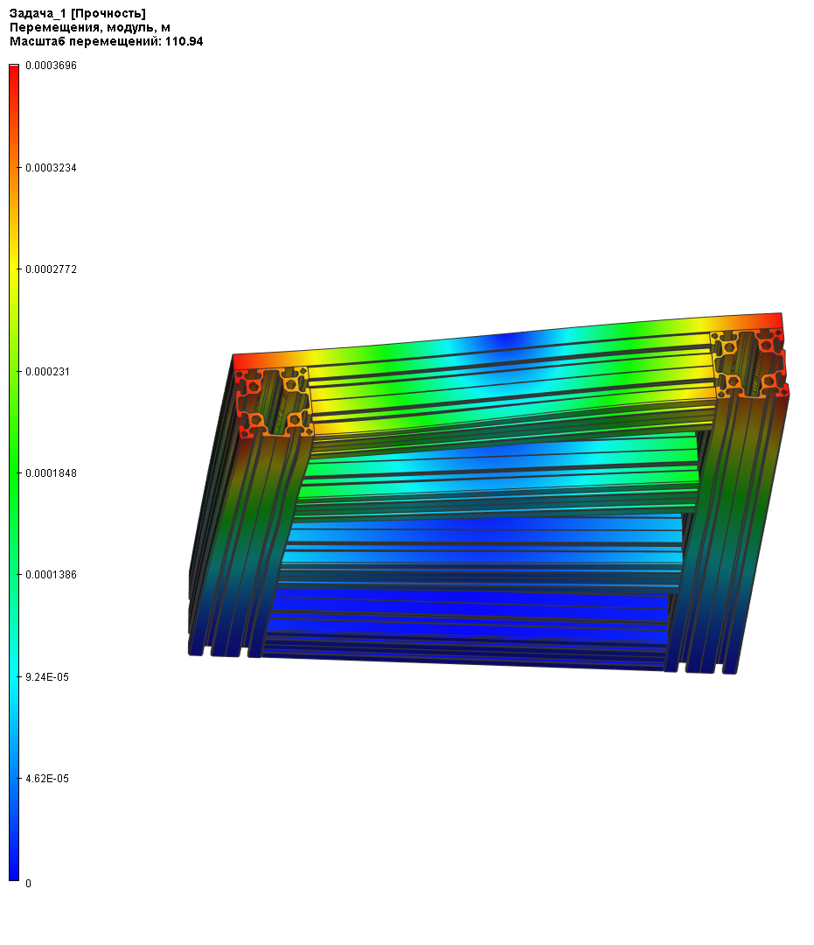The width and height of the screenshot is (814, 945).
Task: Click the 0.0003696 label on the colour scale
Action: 52,66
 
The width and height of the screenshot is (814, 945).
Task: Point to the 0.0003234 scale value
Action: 52,167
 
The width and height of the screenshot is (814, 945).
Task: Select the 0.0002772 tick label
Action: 52,269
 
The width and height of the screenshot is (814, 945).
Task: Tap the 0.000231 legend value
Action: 47,372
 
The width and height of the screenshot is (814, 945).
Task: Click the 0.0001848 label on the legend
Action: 52,473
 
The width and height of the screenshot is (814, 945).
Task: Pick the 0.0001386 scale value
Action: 52,575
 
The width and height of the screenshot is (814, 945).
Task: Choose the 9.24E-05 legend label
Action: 47,677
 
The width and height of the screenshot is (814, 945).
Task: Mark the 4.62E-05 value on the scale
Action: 47,779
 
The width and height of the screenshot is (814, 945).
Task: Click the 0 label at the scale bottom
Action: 28,884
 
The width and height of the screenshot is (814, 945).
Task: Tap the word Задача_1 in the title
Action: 38,14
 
